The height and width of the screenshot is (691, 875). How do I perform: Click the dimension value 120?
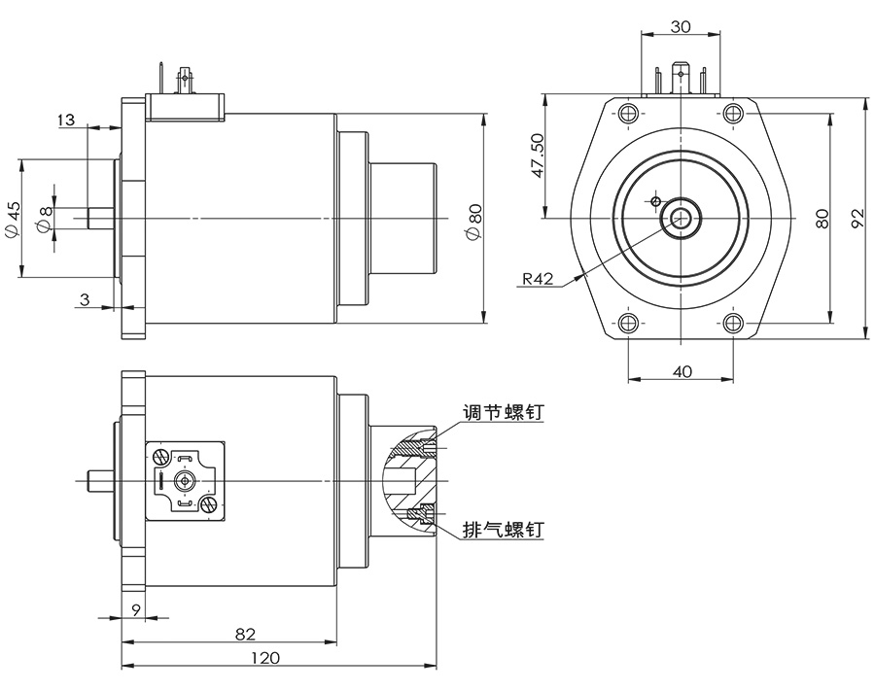click(x=264, y=658)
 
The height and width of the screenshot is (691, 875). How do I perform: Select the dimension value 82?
click(x=245, y=634)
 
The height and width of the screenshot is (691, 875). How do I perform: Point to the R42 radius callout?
click(x=538, y=279)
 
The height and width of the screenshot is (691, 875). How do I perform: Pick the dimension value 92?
click(x=857, y=218)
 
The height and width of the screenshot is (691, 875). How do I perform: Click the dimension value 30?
click(x=681, y=27)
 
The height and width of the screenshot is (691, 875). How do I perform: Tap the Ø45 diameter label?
click(x=13, y=219)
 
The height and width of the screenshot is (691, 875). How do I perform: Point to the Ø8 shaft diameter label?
click(x=42, y=219)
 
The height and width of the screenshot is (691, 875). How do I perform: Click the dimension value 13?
click(x=66, y=121)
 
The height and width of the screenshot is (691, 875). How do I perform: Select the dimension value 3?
click(x=85, y=300)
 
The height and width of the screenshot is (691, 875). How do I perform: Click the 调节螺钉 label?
click(x=502, y=413)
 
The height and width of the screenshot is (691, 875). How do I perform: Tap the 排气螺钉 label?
click(x=502, y=530)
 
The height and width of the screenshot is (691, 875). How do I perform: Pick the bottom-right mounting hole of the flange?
click(x=733, y=323)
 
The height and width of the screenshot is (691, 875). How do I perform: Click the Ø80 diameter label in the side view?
click(x=473, y=220)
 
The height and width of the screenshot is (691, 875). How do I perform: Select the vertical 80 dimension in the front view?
click(x=822, y=218)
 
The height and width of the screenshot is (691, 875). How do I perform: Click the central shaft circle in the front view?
click(x=680, y=218)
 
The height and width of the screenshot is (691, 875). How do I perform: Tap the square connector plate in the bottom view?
click(x=185, y=480)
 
